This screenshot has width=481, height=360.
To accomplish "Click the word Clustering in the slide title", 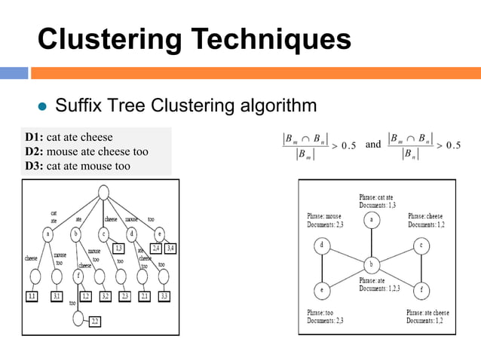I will [109, 39].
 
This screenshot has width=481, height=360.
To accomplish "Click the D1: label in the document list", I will [34, 138].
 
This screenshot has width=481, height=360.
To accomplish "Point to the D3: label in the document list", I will [34, 166].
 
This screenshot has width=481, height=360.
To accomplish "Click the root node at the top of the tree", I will [101, 194].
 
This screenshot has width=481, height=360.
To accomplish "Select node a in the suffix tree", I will [48, 234].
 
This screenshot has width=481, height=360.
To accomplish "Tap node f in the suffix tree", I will [78, 276].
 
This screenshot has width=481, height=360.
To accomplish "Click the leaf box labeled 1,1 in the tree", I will [32, 296].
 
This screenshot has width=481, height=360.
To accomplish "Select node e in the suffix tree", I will [158, 233].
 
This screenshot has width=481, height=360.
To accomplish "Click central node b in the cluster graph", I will [371, 264].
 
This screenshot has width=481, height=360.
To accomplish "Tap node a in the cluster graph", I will [371, 220].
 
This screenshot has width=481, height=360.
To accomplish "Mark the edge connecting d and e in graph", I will [322, 267].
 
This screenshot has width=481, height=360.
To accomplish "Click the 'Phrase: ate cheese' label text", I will [427, 312].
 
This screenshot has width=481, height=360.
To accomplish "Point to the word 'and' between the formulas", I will [372, 144].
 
